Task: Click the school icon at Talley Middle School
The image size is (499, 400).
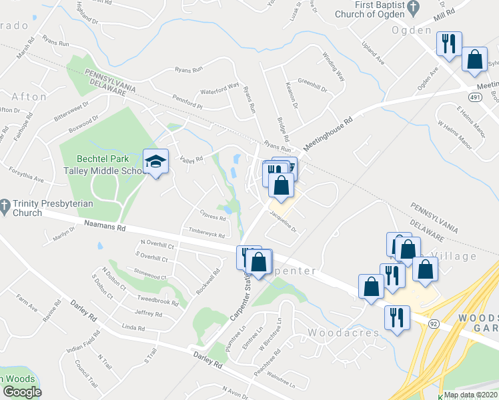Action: click(x=155, y=162)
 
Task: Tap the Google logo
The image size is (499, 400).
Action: click(x=21, y=392)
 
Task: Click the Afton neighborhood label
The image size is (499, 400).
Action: click(x=29, y=97)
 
